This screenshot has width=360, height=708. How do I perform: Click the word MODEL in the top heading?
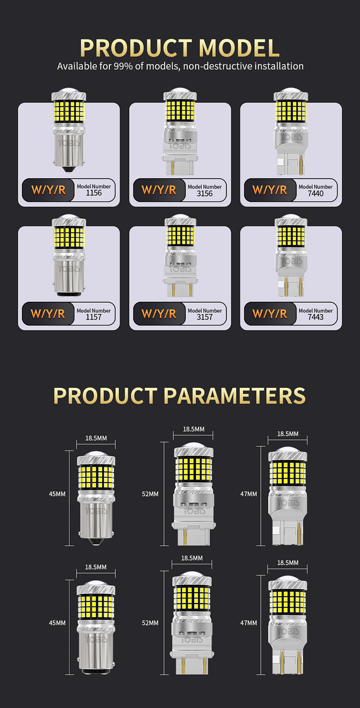(x=239, y=48)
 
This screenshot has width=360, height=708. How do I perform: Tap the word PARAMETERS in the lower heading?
(x=235, y=395)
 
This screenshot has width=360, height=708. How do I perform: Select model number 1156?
(x=94, y=193)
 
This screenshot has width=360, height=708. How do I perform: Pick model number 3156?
(x=205, y=193)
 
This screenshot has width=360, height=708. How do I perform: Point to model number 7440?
(x=316, y=193)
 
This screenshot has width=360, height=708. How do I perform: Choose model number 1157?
(x=94, y=317)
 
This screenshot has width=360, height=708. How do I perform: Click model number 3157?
(x=205, y=317)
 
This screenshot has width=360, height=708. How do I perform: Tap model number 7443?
(x=316, y=317)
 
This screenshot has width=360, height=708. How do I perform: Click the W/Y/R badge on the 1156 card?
(x=48, y=190)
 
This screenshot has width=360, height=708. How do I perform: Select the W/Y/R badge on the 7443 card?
(x=270, y=314)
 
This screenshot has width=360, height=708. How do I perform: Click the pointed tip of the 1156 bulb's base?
(x=68, y=171)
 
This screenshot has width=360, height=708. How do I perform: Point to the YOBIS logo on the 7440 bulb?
(x=292, y=137)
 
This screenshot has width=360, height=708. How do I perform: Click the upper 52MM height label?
(x=150, y=494)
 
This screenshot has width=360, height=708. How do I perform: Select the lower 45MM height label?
(x=57, y=623)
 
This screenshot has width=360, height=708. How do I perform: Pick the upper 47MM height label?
(x=248, y=494)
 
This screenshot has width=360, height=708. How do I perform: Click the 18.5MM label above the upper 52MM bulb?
(x=193, y=429)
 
